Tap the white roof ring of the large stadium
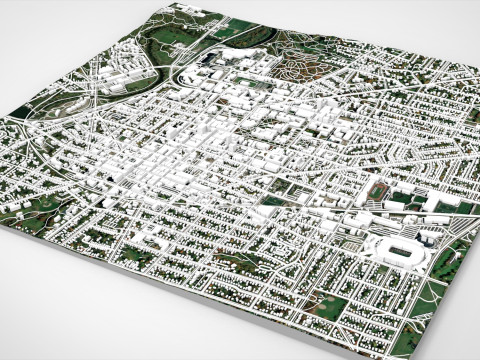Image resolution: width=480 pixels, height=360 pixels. tap(386, 242)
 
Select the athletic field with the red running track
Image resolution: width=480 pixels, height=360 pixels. tap(379, 191)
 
